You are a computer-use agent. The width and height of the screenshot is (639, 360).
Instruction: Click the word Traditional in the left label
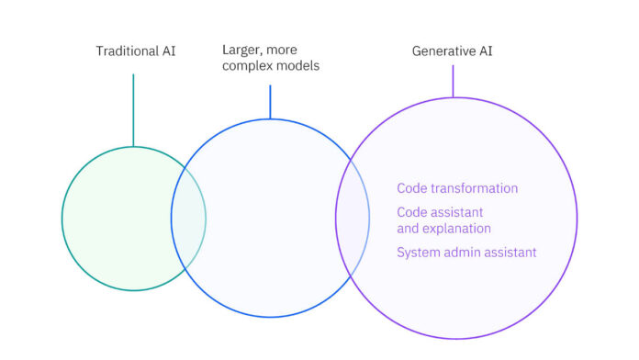[x=127, y=51]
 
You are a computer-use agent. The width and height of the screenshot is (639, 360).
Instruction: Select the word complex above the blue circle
[x=246, y=66]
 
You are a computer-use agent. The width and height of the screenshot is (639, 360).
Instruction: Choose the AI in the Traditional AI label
[x=167, y=51]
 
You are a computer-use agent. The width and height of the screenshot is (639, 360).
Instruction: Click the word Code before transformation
[x=411, y=188]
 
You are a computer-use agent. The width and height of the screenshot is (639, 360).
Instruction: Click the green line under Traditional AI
[x=133, y=110]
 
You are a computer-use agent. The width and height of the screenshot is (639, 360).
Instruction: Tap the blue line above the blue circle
[x=270, y=101]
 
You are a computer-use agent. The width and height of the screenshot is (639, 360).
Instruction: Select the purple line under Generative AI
[x=453, y=81]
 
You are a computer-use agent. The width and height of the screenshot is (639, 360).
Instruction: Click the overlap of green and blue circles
[x=189, y=219]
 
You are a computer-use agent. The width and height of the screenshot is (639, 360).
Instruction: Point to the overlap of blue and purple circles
[x=353, y=219]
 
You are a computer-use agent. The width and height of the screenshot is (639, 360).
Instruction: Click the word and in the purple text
[x=408, y=228]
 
